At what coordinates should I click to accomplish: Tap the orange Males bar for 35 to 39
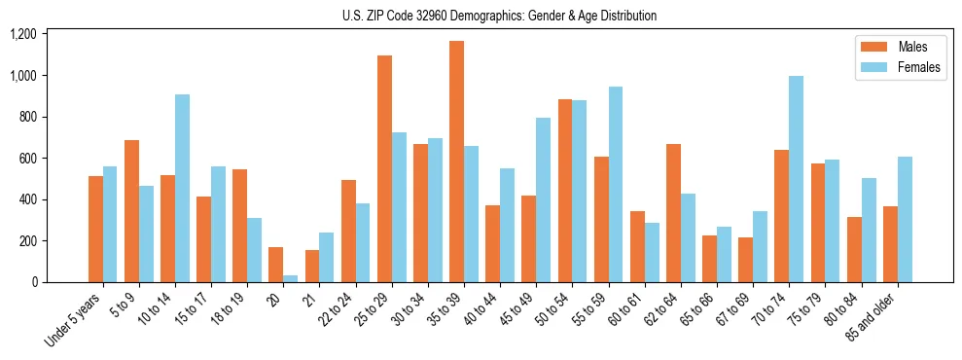click(456, 162)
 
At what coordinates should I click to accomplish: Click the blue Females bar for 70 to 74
click(796, 179)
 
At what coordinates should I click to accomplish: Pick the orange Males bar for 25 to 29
click(384, 168)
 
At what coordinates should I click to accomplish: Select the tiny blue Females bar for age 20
click(290, 278)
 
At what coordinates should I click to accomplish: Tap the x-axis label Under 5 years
click(74, 319)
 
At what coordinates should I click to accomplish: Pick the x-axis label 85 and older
click(872, 318)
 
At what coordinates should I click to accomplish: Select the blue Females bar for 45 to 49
click(543, 199)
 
